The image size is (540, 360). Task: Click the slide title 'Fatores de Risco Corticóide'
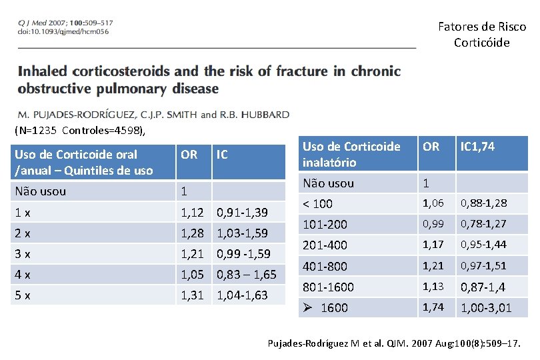481,35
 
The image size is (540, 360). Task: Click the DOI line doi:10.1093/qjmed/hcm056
63,31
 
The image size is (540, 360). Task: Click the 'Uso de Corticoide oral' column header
84,162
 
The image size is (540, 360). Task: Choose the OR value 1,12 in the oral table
193,213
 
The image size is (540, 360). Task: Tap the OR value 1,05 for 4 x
193,274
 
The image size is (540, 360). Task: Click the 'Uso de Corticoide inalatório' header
351,154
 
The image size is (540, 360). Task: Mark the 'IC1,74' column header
477,147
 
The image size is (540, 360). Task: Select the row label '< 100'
317,203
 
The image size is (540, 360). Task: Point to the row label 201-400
325,245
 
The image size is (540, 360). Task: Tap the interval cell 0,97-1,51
483,265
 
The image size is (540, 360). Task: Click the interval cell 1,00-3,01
487,307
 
